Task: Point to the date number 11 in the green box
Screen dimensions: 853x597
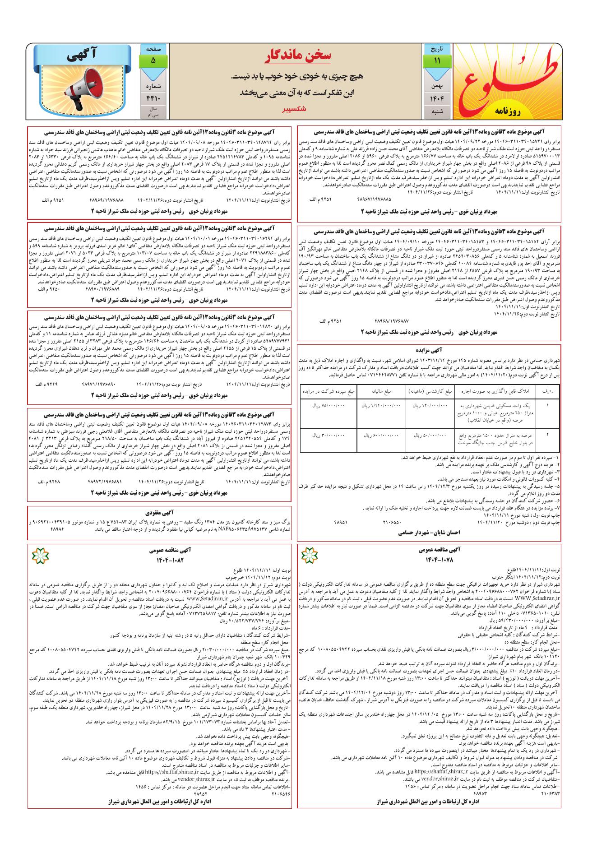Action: click(x=436, y=60)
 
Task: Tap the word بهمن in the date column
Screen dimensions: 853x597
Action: click(x=436, y=84)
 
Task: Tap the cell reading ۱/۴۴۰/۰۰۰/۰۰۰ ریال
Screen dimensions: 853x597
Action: click(x=381, y=406)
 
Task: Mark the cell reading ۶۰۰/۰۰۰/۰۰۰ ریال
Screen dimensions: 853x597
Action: click(x=381, y=435)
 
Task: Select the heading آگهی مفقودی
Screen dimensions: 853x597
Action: click(x=157, y=513)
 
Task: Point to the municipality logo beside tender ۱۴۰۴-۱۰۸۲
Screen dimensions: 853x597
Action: click(x=37, y=555)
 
